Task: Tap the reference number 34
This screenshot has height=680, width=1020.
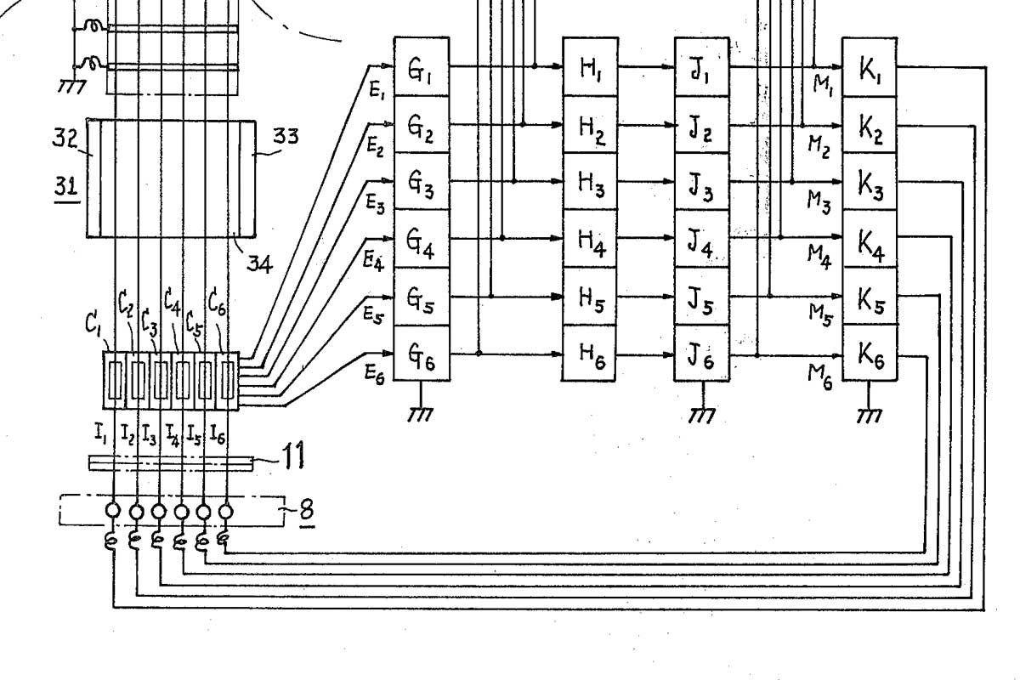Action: (260, 263)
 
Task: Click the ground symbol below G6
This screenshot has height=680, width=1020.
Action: (420, 411)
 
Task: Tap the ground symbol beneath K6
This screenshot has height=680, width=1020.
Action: (869, 411)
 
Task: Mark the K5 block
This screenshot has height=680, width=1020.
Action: (870, 297)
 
